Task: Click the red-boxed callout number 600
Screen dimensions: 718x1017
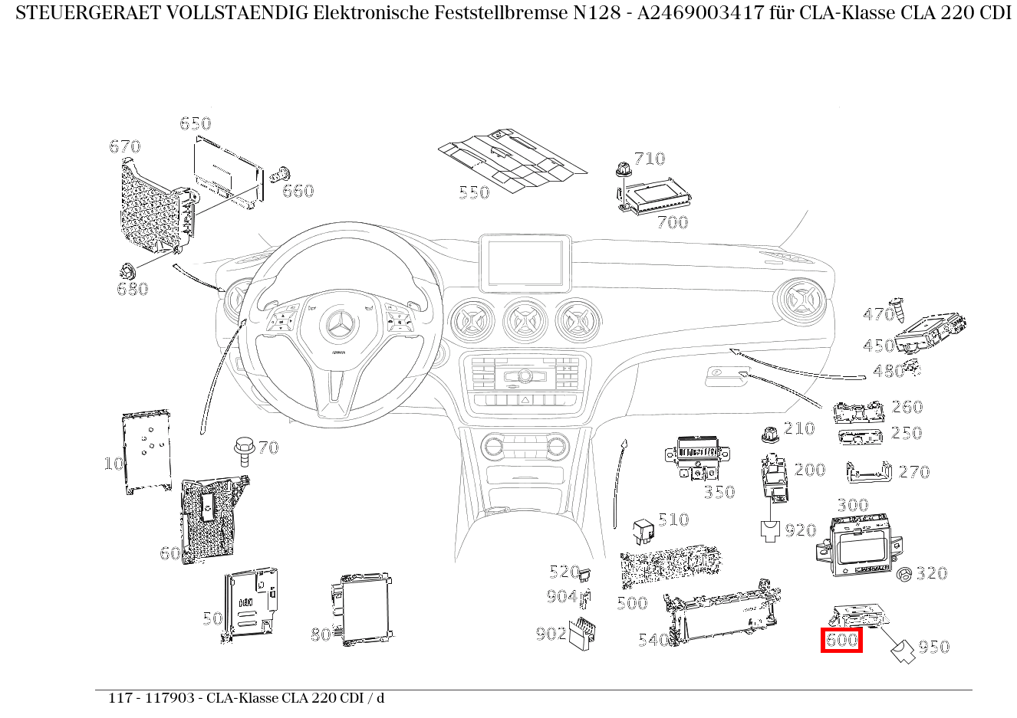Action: click(841, 640)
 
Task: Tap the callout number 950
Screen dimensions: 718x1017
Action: click(933, 648)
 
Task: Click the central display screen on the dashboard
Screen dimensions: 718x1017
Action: click(525, 263)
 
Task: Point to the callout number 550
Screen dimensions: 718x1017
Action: click(474, 192)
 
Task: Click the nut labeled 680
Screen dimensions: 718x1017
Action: click(127, 270)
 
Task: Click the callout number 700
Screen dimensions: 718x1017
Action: click(673, 223)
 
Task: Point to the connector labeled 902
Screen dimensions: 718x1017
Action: click(585, 632)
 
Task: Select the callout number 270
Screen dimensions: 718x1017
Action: click(913, 473)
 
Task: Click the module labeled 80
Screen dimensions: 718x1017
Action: click(364, 609)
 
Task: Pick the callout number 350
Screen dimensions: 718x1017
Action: click(719, 493)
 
